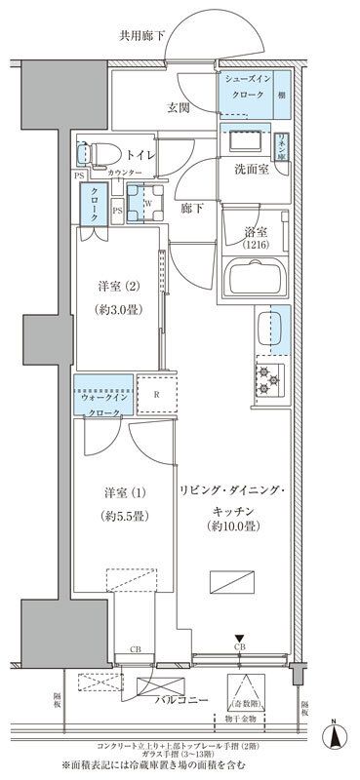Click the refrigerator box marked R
(155, 395)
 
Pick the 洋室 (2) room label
(118, 287)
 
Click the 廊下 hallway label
(190, 209)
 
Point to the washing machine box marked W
(146, 204)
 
